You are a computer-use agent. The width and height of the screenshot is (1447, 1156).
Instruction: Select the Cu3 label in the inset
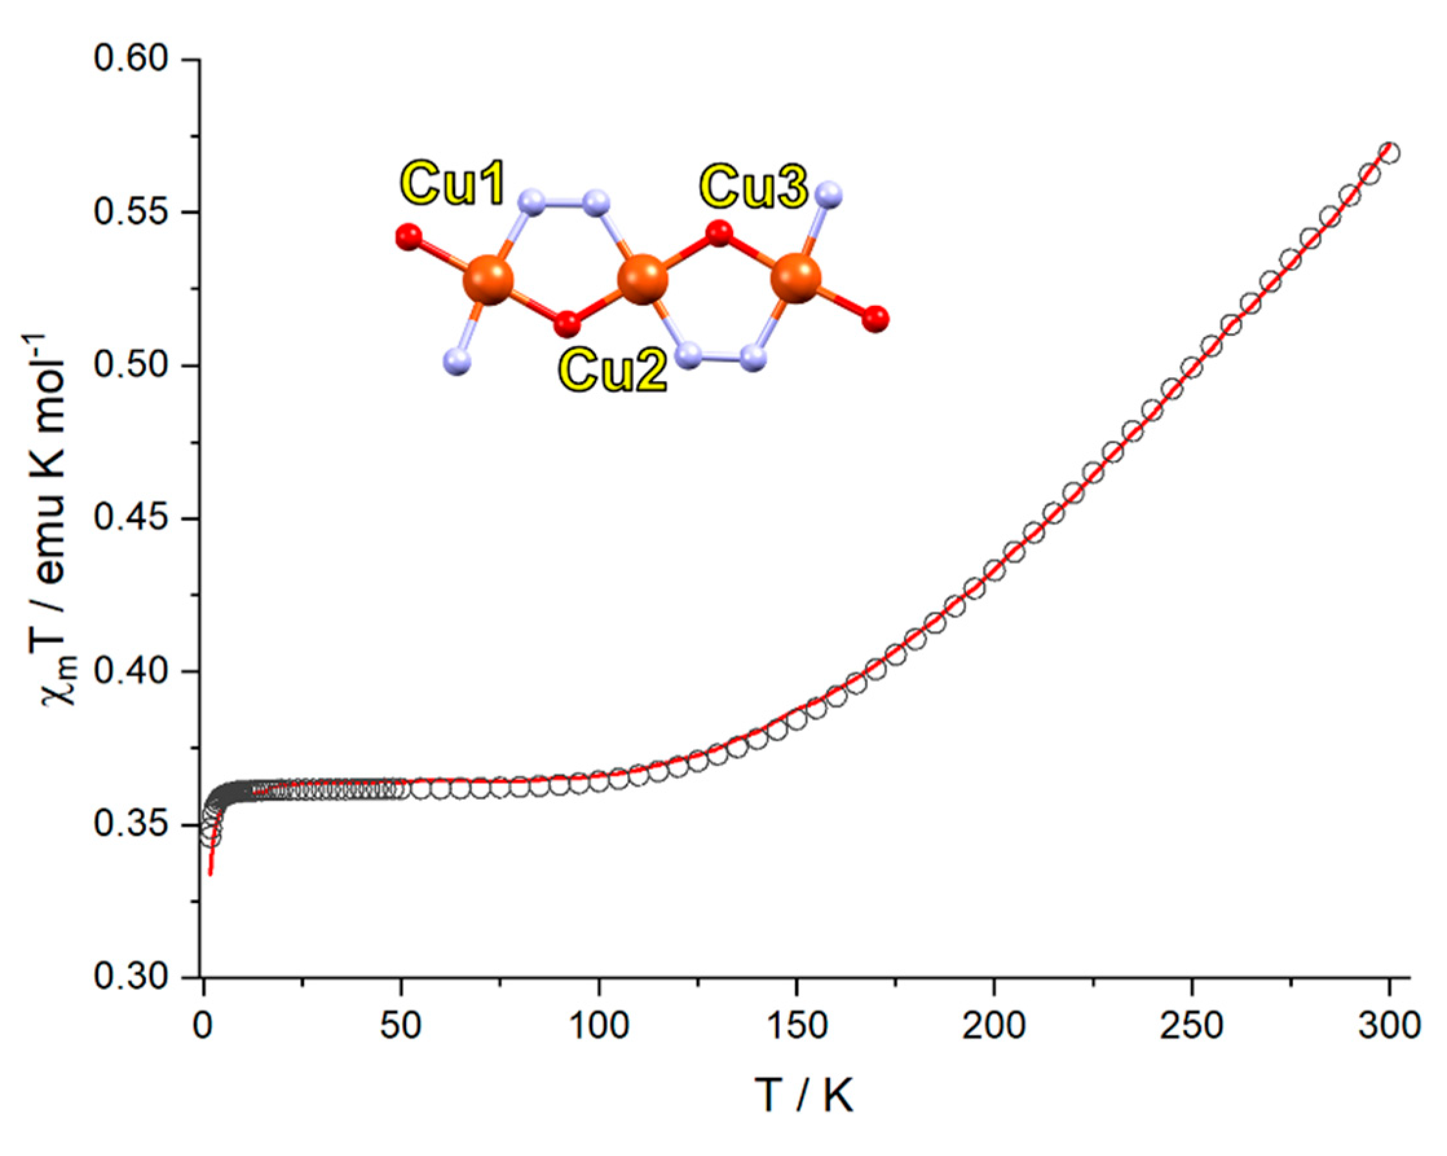point(753,186)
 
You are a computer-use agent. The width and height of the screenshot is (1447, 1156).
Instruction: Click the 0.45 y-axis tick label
point(130,519)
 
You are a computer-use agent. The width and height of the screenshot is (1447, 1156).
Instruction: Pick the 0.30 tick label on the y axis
point(130,977)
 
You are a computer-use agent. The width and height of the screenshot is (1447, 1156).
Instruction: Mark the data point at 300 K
point(1389,153)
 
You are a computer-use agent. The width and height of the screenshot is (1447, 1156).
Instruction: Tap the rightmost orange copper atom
point(796,278)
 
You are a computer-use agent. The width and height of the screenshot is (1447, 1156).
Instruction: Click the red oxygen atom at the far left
point(408,237)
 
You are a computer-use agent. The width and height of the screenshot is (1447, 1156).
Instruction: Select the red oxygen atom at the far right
point(875,319)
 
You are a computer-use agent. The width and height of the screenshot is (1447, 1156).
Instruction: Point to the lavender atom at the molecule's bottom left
point(457,361)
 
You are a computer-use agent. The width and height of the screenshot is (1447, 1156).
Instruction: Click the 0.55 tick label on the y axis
point(130,213)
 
